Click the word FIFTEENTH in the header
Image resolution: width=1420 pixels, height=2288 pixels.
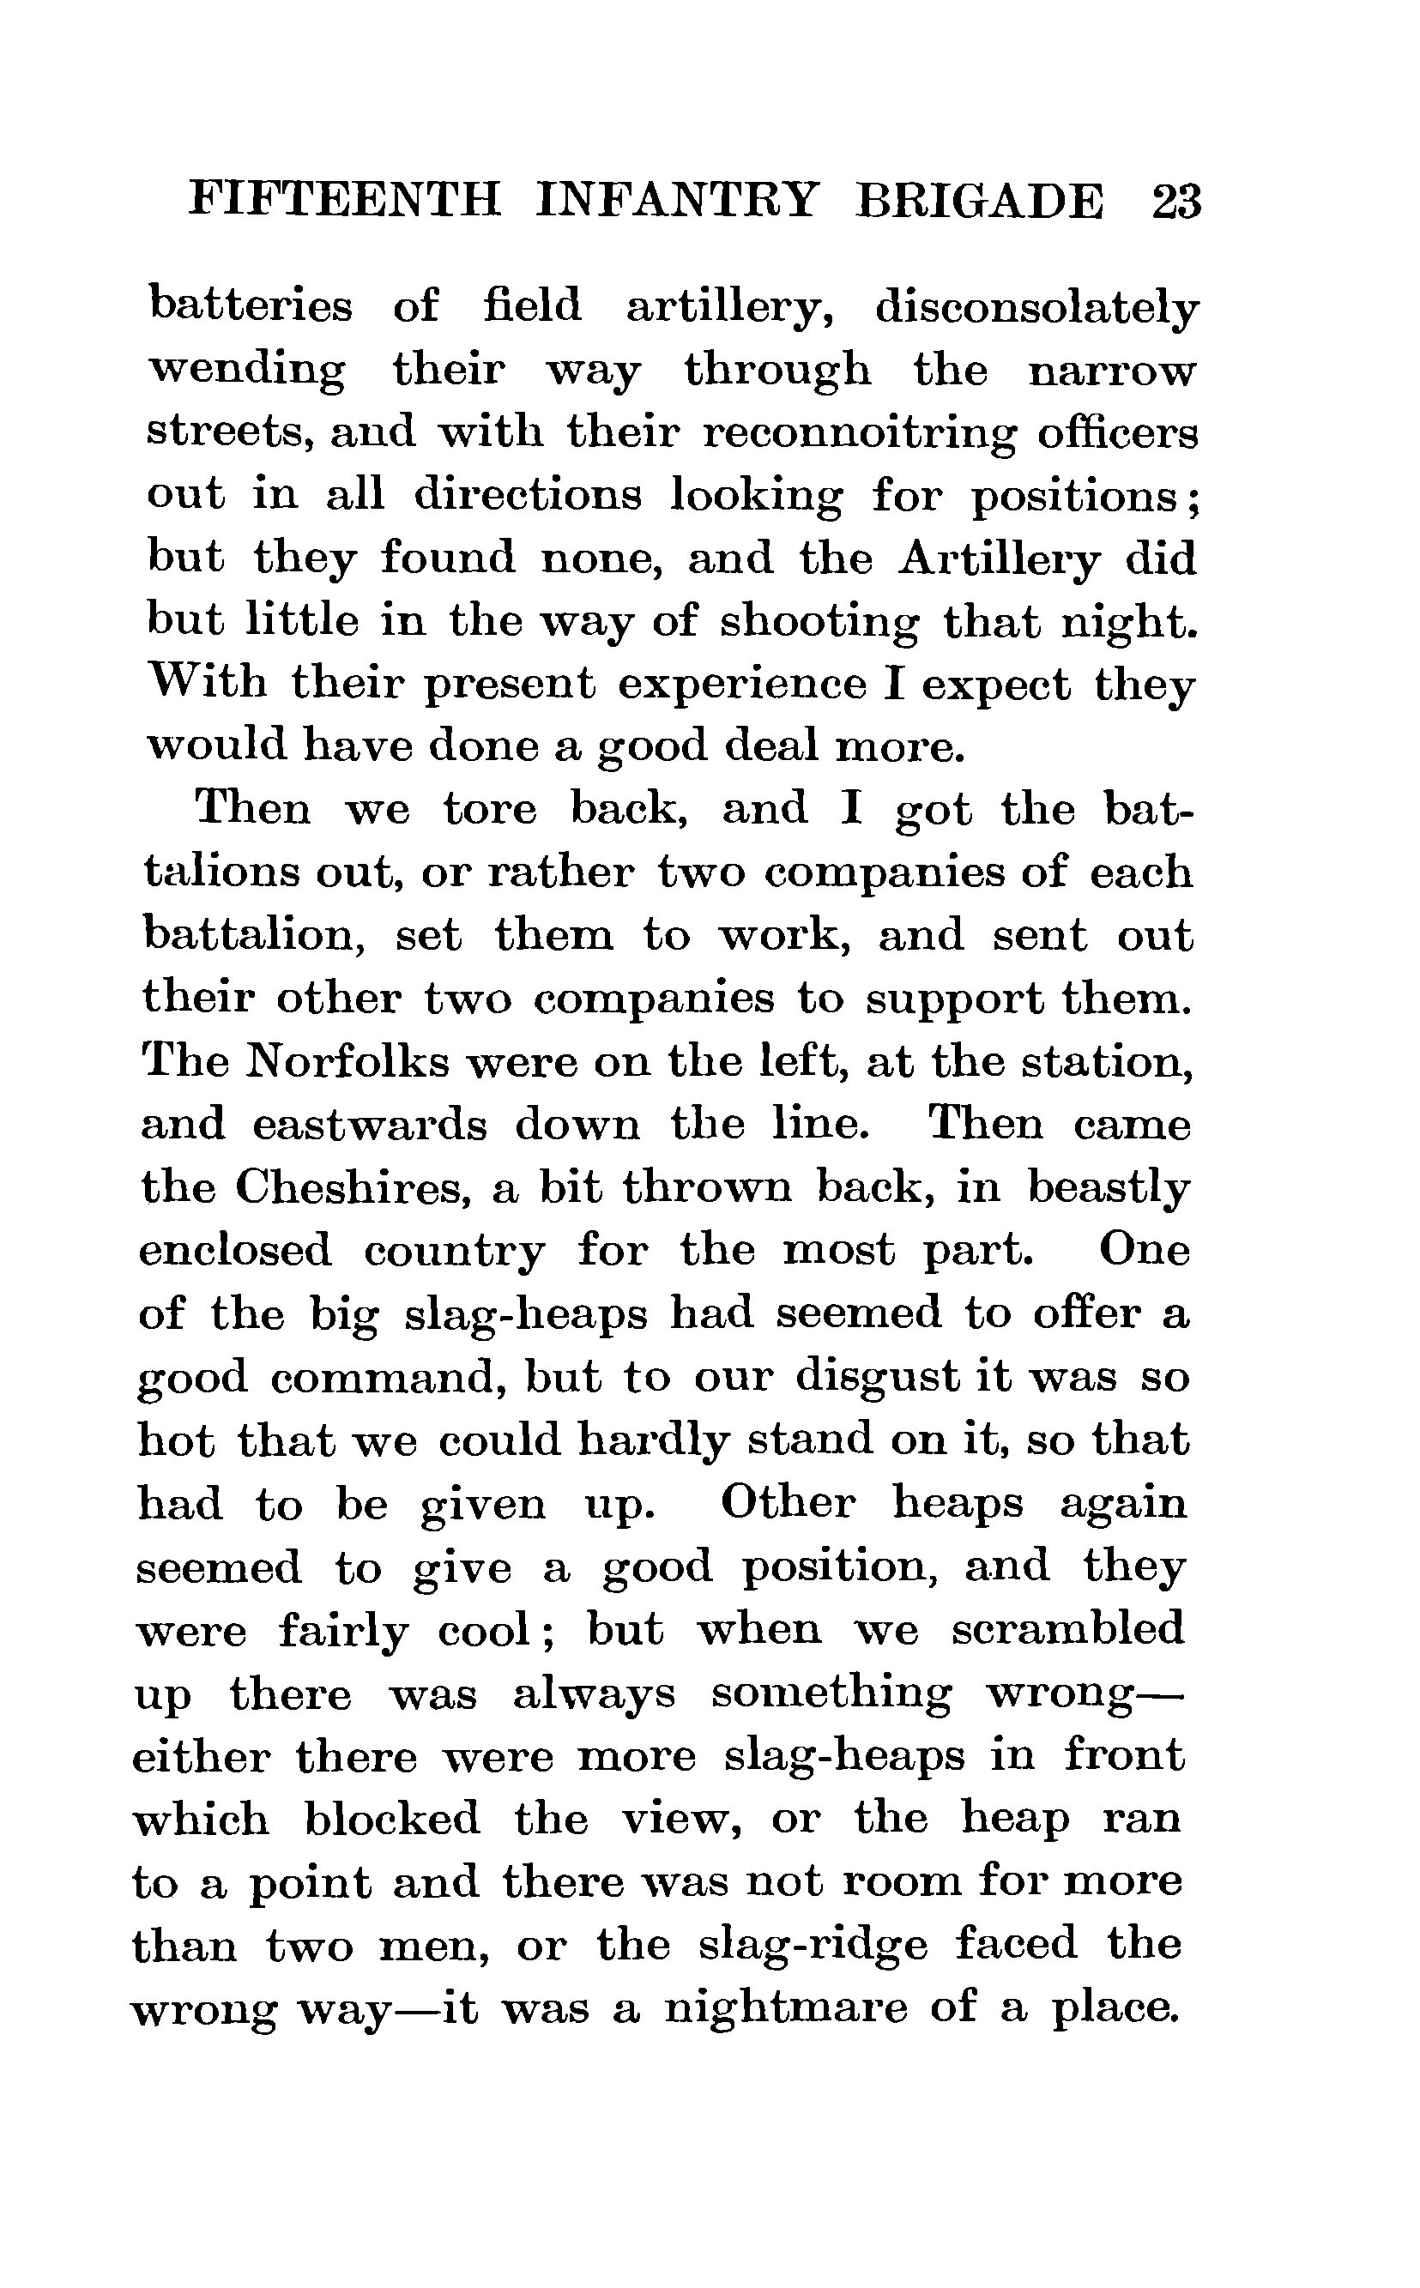(x=345, y=201)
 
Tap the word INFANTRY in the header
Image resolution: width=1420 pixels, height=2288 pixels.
(x=676, y=201)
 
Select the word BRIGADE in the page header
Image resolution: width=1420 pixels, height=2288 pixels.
(x=980, y=201)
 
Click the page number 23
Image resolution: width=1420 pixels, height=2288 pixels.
(x=1175, y=201)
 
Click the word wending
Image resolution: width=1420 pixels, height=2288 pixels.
(x=247, y=371)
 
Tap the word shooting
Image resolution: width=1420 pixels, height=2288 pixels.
(x=819, y=620)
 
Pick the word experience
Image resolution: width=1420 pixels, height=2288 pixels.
(x=742, y=685)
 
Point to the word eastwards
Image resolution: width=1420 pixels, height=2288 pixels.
(x=370, y=1125)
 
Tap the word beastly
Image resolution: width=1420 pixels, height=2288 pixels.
(x=1109, y=1187)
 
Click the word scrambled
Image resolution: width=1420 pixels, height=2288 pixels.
(x=1068, y=1629)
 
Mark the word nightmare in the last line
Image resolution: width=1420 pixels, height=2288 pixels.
(x=786, y=2007)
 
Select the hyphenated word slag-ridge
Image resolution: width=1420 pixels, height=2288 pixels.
(x=813, y=1944)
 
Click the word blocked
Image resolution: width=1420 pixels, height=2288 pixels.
(x=391, y=1818)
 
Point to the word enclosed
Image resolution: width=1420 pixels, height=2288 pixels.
(x=235, y=1251)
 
